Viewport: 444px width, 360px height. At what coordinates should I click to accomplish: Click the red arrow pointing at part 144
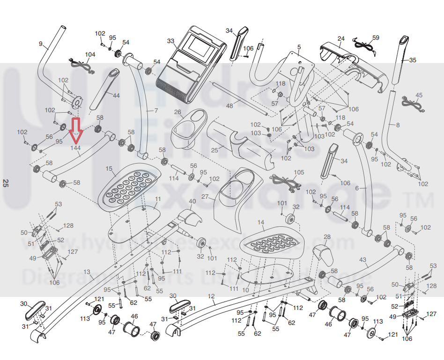[x=76, y=130]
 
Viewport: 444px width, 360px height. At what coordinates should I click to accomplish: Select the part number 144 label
[x=76, y=148]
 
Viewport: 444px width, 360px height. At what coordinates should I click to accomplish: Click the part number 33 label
[x=170, y=41]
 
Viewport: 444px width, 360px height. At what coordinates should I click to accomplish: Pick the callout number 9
[x=41, y=44]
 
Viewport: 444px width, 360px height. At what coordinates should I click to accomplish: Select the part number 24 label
[x=341, y=38]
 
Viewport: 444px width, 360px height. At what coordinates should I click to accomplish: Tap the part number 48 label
[x=229, y=106]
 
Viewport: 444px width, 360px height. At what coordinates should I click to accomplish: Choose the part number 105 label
[x=298, y=172]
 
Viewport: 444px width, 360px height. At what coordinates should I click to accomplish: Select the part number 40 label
[x=192, y=201]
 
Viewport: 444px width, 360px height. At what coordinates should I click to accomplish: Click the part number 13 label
[x=86, y=272]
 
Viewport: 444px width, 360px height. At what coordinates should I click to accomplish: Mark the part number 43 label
[x=363, y=259]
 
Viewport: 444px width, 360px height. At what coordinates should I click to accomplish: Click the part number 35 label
[x=412, y=60]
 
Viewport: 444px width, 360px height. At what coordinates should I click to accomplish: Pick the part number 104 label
[x=90, y=55]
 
